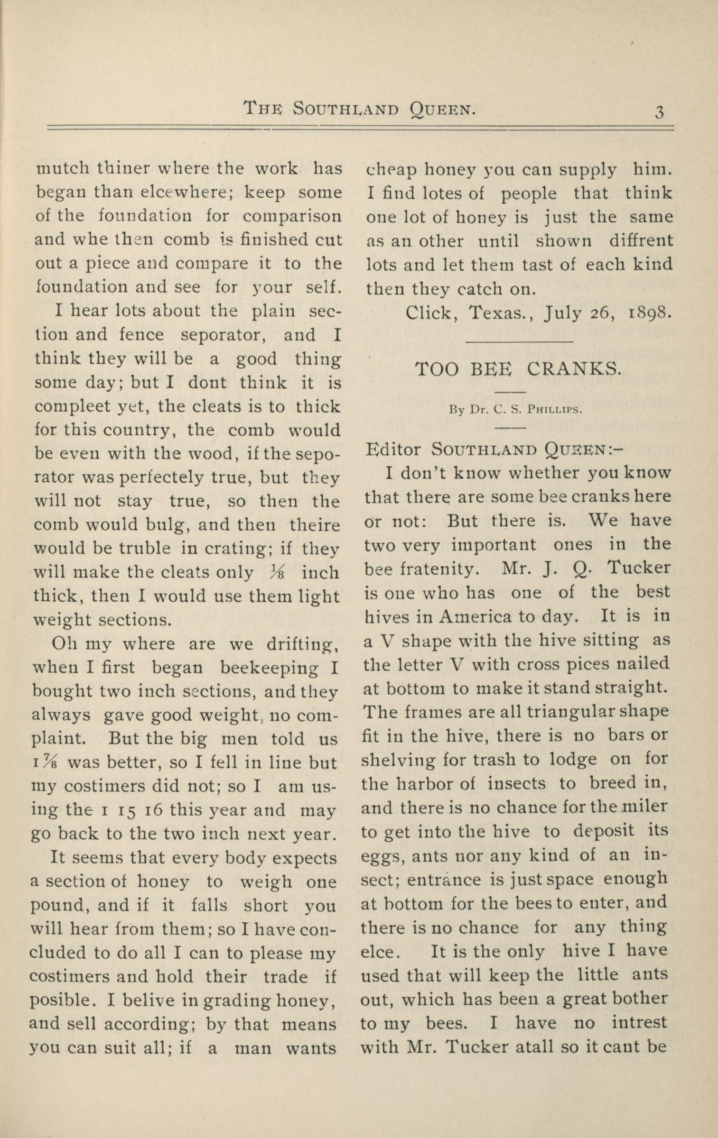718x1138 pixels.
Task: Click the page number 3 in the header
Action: click(x=659, y=112)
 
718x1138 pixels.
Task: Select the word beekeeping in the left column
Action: click(x=270, y=668)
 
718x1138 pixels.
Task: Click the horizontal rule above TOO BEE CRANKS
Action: click(x=520, y=341)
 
